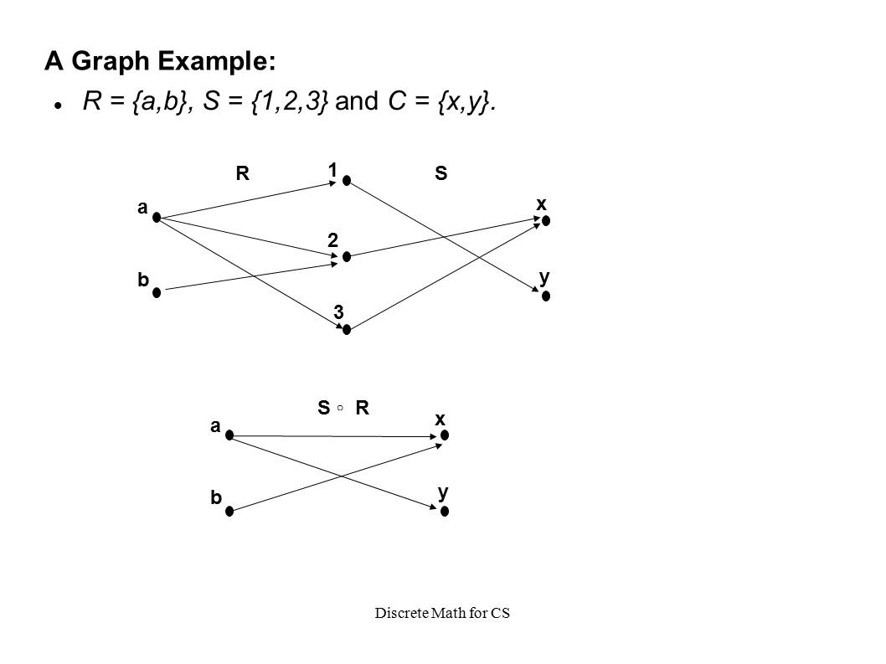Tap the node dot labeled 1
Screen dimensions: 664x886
346,181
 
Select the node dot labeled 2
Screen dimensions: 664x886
346,256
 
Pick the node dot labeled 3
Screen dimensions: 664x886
346,329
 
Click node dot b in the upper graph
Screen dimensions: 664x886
156,291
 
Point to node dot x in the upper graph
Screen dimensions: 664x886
545,220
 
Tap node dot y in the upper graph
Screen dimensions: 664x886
545,295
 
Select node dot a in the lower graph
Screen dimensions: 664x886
228,436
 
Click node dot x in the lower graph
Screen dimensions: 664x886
446,435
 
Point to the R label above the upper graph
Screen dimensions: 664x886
242,174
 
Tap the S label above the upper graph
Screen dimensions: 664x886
440,174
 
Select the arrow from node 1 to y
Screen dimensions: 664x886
444,237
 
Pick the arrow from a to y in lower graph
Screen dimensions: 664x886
335,472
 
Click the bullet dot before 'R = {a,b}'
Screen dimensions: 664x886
59,105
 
